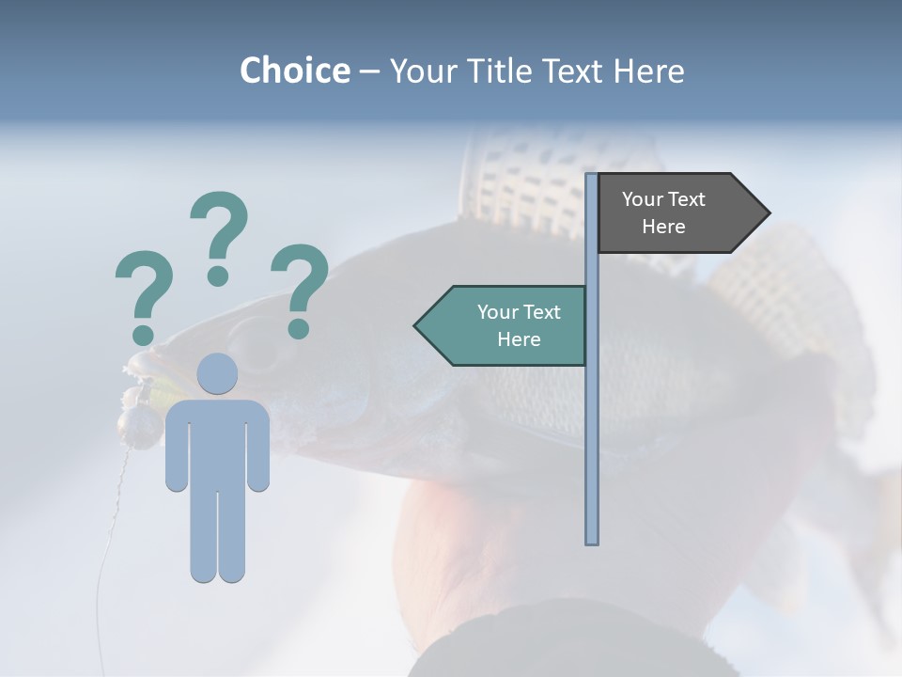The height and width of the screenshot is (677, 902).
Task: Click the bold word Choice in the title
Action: (294, 71)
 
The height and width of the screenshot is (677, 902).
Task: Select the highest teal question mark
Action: (219, 235)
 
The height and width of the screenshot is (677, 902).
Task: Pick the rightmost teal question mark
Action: (299, 288)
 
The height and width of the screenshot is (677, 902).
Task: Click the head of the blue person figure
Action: (217, 373)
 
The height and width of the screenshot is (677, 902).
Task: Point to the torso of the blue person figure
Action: (217, 442)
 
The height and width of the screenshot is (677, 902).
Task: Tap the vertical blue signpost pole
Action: (592, 423)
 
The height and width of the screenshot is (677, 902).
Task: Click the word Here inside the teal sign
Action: (519, 339)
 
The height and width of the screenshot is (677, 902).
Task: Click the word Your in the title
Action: (423, 71)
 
